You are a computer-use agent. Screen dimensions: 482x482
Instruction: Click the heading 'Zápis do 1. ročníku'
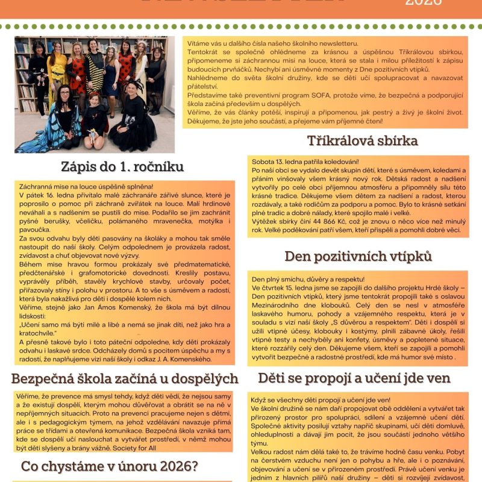coord(122,167)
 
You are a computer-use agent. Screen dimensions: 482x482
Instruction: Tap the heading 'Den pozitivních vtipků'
coord(358,256)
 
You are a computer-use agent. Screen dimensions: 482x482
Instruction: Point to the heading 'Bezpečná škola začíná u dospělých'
coord(125,379)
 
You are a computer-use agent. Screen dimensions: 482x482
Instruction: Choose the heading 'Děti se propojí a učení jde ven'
coord(354,378)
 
